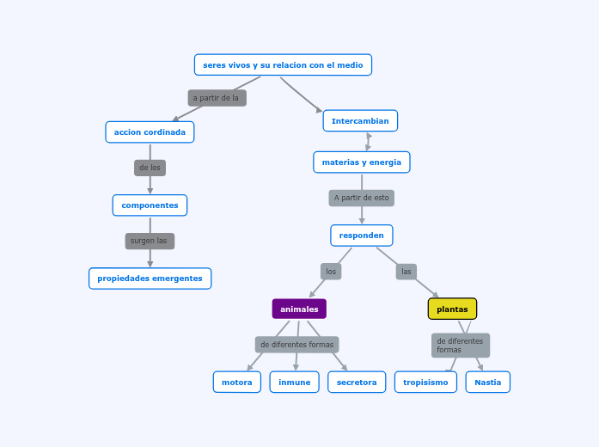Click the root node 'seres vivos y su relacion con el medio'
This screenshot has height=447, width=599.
[x=283, y=65]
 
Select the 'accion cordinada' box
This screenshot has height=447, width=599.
[x=150, y=132]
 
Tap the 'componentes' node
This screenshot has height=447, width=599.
[x=150, y=205]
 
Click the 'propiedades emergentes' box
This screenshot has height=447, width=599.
[x=150, y=279]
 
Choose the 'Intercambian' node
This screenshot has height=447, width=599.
[x=360, y=121]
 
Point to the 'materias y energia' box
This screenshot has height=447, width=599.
[x=361, y=162]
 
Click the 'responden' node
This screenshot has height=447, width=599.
[x=361, y=236]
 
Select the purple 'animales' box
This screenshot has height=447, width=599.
[x=299, y=309]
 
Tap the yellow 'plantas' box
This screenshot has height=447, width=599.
[x=452, y=309]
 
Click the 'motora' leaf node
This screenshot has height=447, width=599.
[x=237, y=383]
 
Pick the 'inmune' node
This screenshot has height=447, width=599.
[x=294, y=383]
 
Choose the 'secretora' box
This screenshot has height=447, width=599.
[x=357, y=383]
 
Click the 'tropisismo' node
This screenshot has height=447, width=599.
[x=425, y=383]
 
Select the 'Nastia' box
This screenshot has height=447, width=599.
[x=487, y=383]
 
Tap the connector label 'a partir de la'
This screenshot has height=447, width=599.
[x=217, y=98]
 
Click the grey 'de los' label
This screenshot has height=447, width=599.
[x=150, y=168]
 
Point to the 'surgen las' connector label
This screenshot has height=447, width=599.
[x=150, y=241]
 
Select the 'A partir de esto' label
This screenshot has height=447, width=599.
[x=361, y=198]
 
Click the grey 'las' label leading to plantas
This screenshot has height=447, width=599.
[x=406, y=272]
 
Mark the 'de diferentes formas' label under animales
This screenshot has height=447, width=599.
[x=296, y=345]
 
